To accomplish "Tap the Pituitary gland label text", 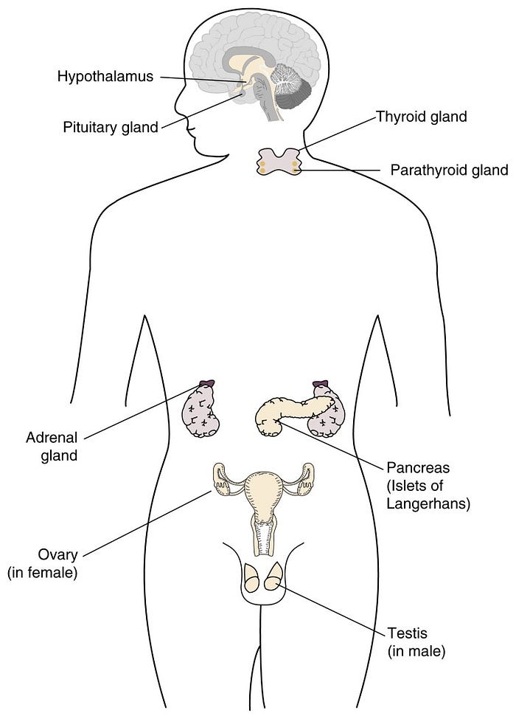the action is point(110,127).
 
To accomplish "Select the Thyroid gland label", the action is point(422,117).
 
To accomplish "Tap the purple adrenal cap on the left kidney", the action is point(206,384).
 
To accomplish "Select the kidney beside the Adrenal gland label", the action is point(201,412).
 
